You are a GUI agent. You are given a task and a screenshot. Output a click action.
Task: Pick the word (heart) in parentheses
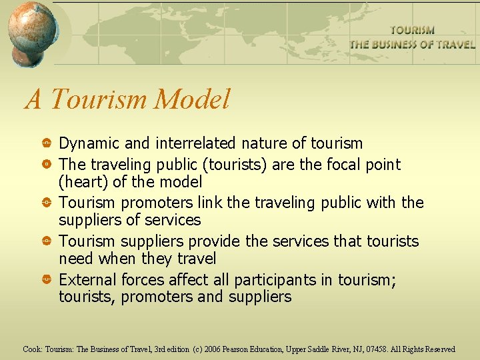[81, 181]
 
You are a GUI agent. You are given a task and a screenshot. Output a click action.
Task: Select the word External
[84, 280]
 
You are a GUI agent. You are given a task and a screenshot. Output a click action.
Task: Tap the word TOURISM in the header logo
[412, 30]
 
